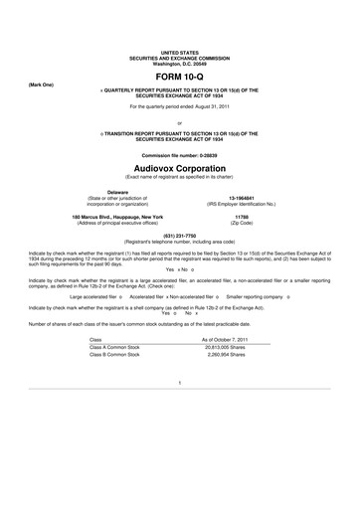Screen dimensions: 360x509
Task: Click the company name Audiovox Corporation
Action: [180, 168]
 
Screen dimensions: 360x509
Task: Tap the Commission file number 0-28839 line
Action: [180, 157]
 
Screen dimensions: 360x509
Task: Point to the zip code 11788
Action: [242, 216]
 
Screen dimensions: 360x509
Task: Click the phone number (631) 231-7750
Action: [180, 236]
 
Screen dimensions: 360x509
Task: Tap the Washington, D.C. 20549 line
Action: [180, 63]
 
